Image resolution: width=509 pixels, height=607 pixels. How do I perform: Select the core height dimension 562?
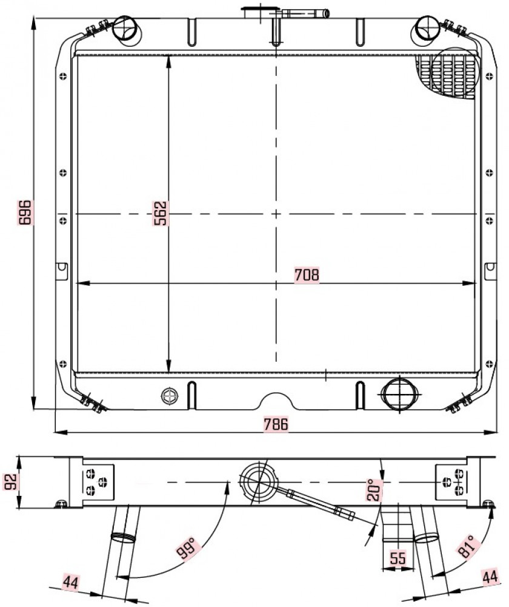pos(160,213)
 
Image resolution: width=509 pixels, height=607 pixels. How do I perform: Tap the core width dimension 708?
pos(307,274)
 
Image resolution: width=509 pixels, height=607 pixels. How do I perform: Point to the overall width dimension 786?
pos(276,424)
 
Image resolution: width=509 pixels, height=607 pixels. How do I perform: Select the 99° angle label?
pos(188,548)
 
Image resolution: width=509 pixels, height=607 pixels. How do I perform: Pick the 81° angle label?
pos(467,546)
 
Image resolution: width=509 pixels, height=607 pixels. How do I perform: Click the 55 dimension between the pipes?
pos(398,558)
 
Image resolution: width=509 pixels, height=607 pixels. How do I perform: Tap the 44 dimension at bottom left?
pos(71,582)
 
